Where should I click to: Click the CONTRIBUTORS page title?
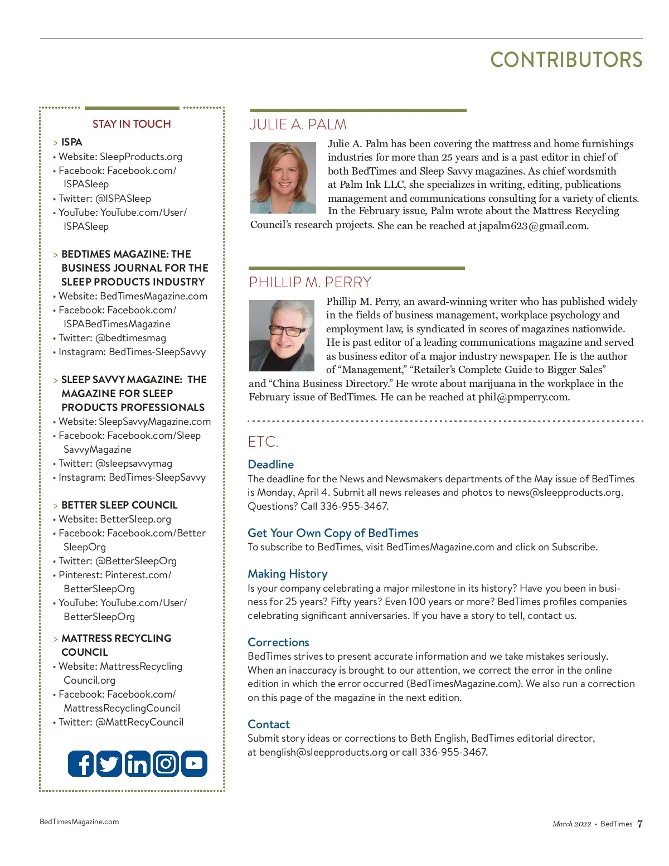tap(566, 60)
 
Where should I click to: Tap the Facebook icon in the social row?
tap(81, 763)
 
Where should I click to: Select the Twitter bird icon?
tap(109, 763)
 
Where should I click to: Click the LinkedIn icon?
tap(137, 763)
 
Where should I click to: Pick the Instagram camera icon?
tap(166, 763)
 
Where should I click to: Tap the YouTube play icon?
tap(194, 763)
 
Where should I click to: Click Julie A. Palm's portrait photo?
tap(284, 178)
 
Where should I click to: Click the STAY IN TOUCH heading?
tap(132, 124)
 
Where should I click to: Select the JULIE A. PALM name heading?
tap(298, 124)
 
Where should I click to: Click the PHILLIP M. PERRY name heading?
tap(310, 282)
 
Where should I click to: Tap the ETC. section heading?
tap(263, 442)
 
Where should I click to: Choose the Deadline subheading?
tap(270, 465)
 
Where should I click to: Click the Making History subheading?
tap(287, 574)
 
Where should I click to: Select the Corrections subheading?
tap(278, 642)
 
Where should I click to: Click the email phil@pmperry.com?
tap(523, 397)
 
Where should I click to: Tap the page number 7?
tap(639, 824)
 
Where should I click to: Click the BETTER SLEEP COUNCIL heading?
tap(119, 505)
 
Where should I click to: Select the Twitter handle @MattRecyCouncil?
tap(139, 722)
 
